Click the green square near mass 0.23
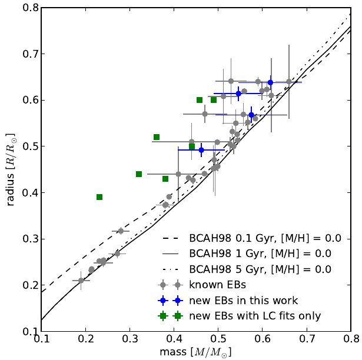(x=99, y=197)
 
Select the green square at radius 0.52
(x=157, y=137)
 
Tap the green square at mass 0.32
(x=139, y=174)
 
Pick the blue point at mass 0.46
(x=201, y=150)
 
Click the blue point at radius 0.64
(x=270, y=82)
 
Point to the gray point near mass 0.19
(x=81, y=281)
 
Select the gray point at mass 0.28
(x=121, y=231)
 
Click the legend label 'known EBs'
(x=211, y=285)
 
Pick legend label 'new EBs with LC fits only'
(x=255, y=316)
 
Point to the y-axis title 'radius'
(x=10, y=170)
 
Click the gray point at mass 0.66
(x=289, y=82)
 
